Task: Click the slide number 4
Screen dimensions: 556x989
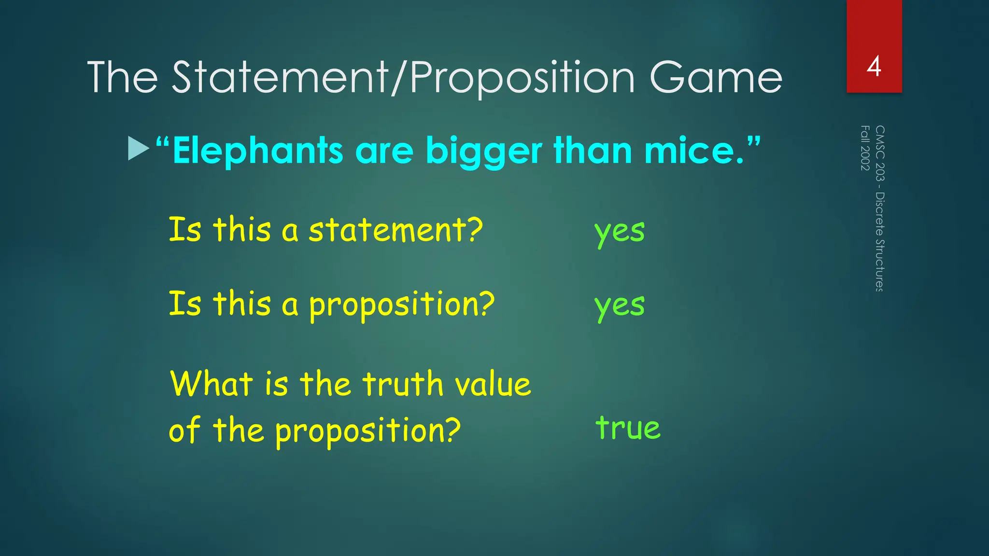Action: (x=874, y=67)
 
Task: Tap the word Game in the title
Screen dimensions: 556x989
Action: (x=716, y=78)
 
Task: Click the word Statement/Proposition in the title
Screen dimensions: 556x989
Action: (x=403, y=78)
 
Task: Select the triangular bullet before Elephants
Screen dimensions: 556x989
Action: (x=139, y=149)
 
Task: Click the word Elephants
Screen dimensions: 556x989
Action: (x=258, y=151)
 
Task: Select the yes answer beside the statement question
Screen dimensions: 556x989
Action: (x=620, y=232)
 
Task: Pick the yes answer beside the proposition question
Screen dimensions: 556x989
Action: (x=620, y=306)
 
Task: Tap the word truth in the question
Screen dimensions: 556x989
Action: (x=403, y=384)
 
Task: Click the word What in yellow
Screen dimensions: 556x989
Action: (x=212, y=384)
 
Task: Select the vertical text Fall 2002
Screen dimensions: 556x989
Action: (x=865, y=148)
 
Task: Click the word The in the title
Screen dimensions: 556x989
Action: (x=123, y=78)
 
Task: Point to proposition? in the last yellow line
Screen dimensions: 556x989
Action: (x=368, y=430)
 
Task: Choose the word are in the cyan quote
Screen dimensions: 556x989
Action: (x=384, y=152)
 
